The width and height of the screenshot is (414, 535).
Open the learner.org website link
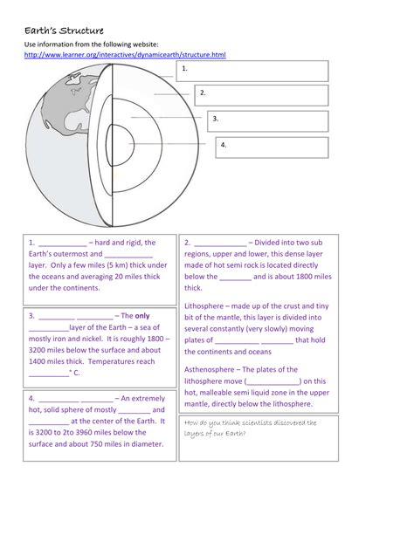click(x=125, y=55)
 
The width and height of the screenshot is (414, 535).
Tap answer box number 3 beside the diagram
click(x=267, y=120)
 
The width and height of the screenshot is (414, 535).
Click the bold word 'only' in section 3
click(x=142, y=316)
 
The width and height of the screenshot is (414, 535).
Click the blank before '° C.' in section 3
click(x=48, y=373)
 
